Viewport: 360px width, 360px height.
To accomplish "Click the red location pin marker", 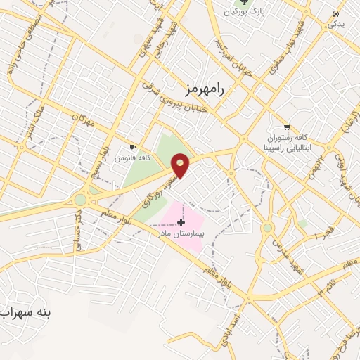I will point(181,165).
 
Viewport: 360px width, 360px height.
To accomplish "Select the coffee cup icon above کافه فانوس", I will point(132,147).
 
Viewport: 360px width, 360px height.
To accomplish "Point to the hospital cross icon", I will point(181,222).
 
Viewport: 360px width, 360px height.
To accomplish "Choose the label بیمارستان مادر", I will point(181,232).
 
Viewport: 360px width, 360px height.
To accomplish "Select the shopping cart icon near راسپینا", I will point(287,127).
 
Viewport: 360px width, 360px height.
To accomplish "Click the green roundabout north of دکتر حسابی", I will point(80,200).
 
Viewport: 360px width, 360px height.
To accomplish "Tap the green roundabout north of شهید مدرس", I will point(267,228).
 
